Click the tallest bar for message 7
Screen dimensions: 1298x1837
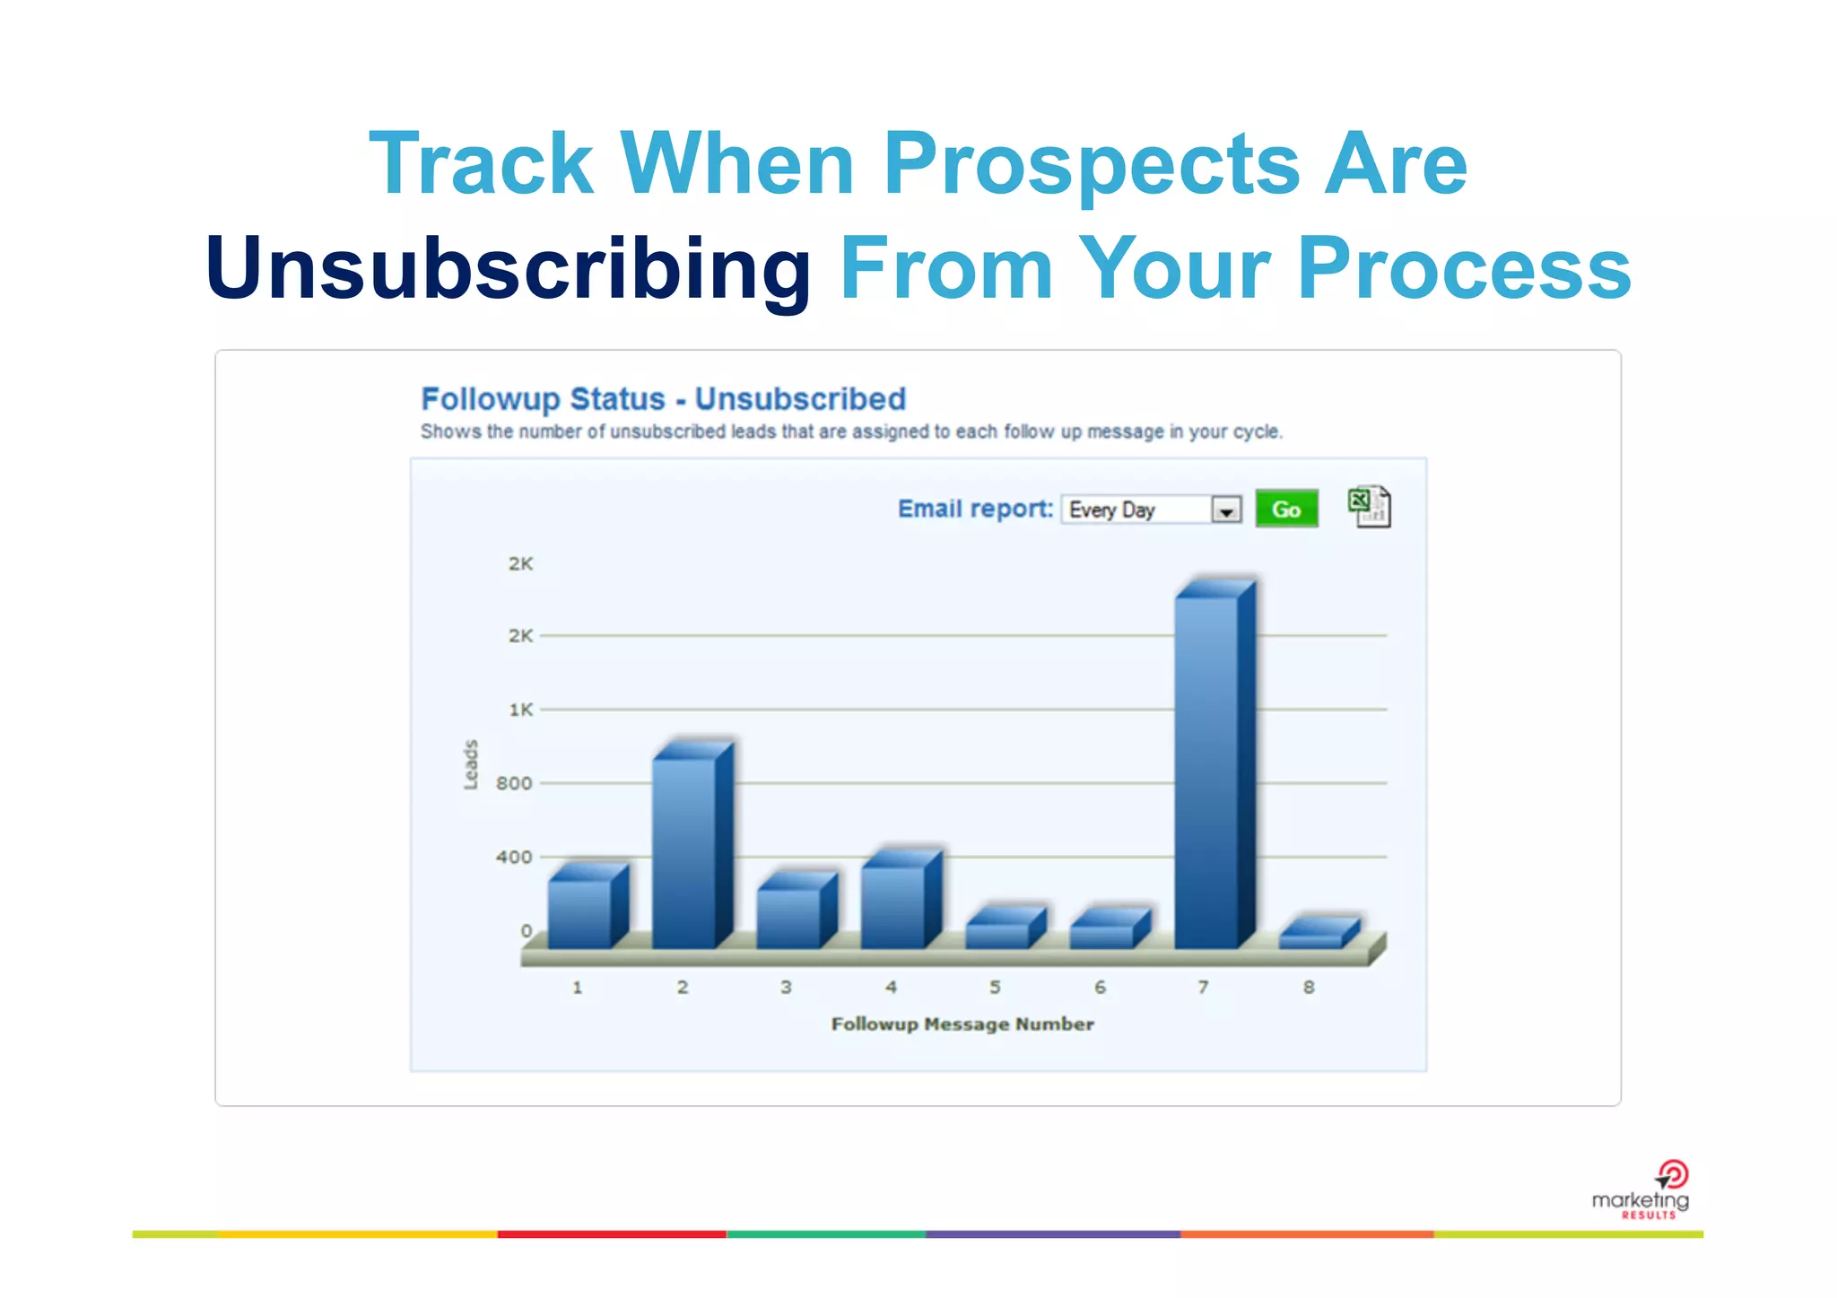tap(1207, 771)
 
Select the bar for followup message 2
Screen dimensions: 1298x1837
tap(684, 852)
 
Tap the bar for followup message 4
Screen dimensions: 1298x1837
tap(893, 906)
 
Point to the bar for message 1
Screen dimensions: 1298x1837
tap(580, 913)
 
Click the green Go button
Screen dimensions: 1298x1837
tap(1286, 510)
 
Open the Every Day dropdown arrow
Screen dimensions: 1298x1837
tap(1225, 510)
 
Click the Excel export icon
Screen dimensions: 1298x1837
tap(1370, 507)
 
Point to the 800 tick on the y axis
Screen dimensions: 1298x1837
tap(514, 783)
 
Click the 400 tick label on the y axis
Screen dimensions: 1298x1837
tap(514, 858)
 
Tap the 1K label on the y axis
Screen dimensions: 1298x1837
tap(521, 710)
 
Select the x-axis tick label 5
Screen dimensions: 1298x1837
tap(995, 987)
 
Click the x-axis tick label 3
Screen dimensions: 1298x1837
tap(786, 987)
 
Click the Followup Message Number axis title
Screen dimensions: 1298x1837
tap(962, 1024)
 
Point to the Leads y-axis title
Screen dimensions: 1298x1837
tap(471, 765)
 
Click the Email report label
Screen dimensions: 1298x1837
tap(975, 509)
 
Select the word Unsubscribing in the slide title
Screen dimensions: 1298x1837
tap(509, 268)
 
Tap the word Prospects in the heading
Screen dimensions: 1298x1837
tap(1091, 163)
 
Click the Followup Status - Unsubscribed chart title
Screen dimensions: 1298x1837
tap(664, 399)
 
